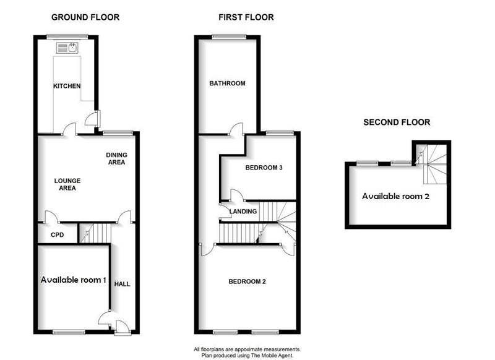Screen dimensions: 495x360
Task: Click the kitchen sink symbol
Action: [67, 48]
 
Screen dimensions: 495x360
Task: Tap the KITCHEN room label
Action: [67, 86]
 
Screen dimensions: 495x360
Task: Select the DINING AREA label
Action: [116, 158]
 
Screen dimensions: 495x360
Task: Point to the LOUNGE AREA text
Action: [67, 184]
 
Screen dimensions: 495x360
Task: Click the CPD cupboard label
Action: [57, 234]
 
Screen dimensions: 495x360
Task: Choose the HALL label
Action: [122, 284]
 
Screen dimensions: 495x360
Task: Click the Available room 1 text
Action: [73, 280]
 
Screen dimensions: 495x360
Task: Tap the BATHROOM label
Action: [227, 84]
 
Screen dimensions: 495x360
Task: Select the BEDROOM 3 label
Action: [264, 168]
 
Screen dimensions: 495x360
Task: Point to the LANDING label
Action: [243, 212]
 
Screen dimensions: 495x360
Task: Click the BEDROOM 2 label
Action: [247, 281]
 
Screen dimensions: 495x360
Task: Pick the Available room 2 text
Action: [395, 196]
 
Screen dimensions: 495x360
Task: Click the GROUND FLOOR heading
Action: [85, 17]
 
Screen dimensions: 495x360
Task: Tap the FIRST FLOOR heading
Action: [246, 17]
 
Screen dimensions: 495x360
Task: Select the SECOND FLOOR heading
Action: [397, 122]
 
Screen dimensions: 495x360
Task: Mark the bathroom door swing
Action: [236, 129]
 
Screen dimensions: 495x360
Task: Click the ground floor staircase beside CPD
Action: [95, 233]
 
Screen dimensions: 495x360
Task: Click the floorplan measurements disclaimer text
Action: [247, 352]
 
